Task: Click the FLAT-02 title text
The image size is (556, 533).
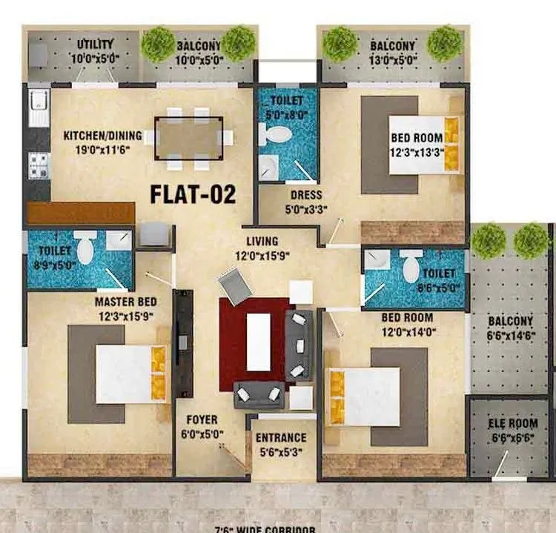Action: click(x=193, y=194)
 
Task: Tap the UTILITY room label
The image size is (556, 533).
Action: click(x=96, y=45)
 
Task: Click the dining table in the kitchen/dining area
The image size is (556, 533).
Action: click(x=188, y=138)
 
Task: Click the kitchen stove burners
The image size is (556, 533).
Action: click(x=39, y=165)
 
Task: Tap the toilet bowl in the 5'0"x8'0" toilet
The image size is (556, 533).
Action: click(x=279, y=134)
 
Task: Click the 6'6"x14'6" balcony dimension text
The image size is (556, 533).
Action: click(x=510, y=334)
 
